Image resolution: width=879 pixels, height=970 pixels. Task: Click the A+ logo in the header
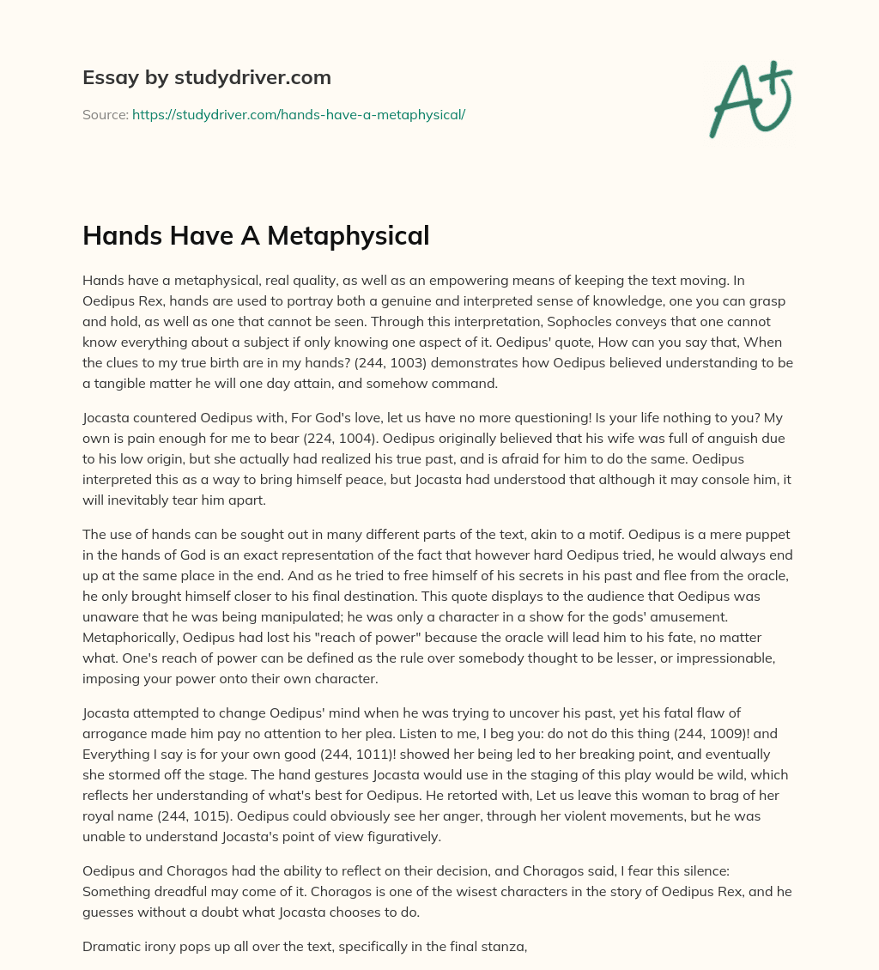pyautogui.click(x=749, y=98)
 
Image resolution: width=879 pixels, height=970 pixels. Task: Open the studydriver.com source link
pyautogui.click(x=298, y=114)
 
